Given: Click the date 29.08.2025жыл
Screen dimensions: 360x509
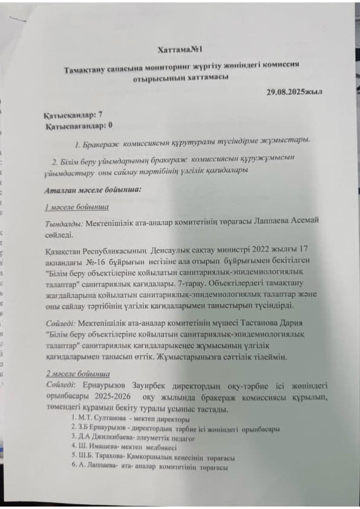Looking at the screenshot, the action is coord(294,91).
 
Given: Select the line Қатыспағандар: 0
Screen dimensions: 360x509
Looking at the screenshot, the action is coord(80,126).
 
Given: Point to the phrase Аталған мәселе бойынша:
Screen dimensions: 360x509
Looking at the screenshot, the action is coord(93,190).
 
